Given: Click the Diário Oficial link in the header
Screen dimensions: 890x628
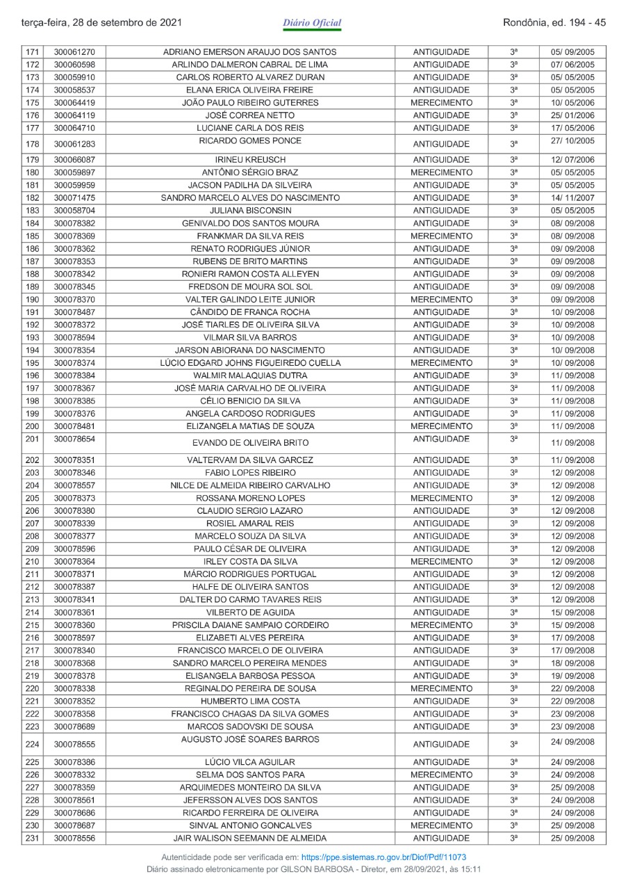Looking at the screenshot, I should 312,23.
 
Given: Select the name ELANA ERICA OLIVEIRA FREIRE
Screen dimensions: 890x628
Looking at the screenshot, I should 250,90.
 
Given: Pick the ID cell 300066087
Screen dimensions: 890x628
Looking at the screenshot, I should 79,160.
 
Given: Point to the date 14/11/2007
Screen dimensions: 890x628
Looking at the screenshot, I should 572,198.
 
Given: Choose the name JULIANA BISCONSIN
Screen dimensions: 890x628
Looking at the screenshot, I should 250,211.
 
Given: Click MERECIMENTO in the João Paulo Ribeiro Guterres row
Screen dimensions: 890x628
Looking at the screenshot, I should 441,103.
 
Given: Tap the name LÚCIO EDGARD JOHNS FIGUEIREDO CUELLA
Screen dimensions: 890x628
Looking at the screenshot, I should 250,363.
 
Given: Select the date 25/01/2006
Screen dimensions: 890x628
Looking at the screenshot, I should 572,115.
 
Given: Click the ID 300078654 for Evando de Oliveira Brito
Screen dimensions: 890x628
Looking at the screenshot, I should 79,439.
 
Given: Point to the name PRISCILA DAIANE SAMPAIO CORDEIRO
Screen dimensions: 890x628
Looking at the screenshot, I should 250,625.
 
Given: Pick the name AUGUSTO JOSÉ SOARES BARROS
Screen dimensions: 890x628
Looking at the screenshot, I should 250,739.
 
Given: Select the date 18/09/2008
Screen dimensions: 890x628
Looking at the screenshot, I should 572,663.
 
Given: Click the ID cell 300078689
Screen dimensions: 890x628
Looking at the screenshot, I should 79,727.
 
